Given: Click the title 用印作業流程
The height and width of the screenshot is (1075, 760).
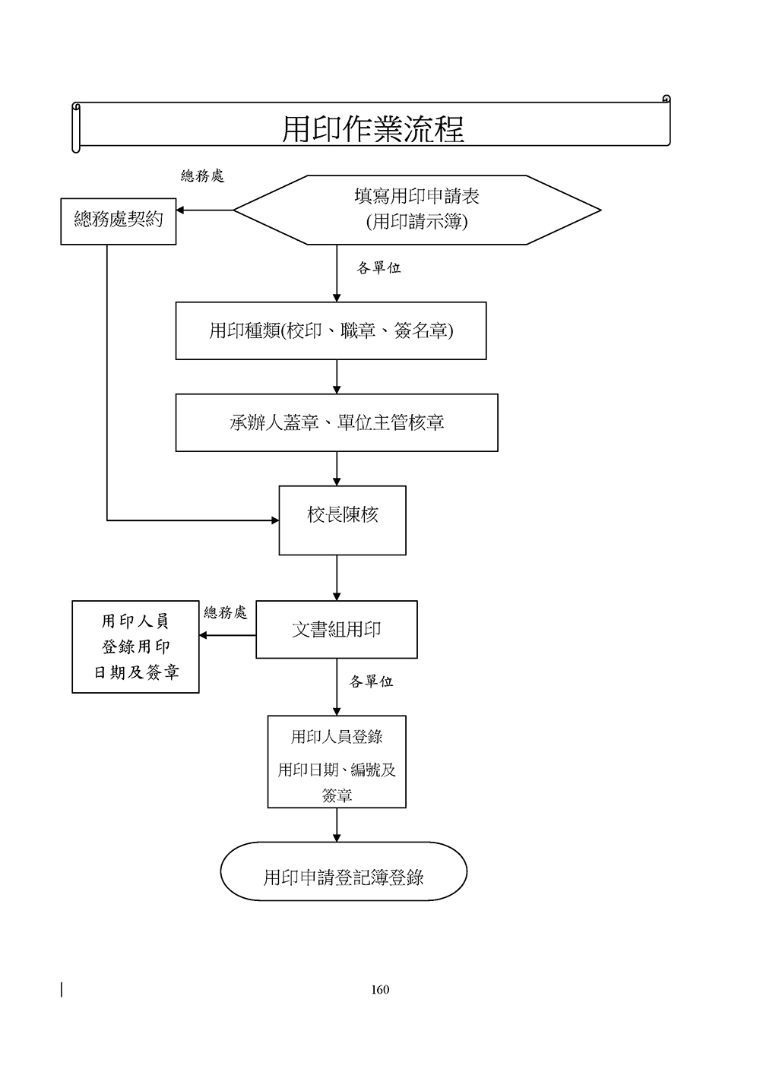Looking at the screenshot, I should point(372,128).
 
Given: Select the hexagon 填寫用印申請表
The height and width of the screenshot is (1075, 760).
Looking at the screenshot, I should point(416,210).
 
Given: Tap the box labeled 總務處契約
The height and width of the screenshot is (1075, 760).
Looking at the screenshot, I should point(119,221).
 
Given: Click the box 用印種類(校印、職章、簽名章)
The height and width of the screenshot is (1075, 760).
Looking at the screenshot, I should point(331,330).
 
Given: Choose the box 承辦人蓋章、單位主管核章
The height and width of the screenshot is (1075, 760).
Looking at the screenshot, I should point(337,422).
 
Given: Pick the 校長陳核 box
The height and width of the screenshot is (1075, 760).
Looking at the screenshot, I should point(342,520).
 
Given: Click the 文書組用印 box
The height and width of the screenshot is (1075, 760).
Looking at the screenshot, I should point(336,629).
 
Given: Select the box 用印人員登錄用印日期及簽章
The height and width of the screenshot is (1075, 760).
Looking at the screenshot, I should point(135,647).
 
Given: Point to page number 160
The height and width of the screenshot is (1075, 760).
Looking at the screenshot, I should point(380,989).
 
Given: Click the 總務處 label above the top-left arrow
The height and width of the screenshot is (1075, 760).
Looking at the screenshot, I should point(202,176).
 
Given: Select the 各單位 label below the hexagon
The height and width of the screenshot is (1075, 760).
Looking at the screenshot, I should point(378,267).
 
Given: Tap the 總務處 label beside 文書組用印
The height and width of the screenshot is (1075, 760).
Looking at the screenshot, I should point(226,612).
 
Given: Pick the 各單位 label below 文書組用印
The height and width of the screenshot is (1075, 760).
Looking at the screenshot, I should point(371,681).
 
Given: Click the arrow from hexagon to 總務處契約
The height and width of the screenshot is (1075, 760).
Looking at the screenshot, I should point(204,210).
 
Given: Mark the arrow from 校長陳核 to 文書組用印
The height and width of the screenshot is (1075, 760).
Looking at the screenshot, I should point(337,577).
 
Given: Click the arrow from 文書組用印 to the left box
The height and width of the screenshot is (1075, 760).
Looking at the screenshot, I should point(227,635).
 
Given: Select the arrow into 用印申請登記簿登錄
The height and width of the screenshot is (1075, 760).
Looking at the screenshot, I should point(337,825).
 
